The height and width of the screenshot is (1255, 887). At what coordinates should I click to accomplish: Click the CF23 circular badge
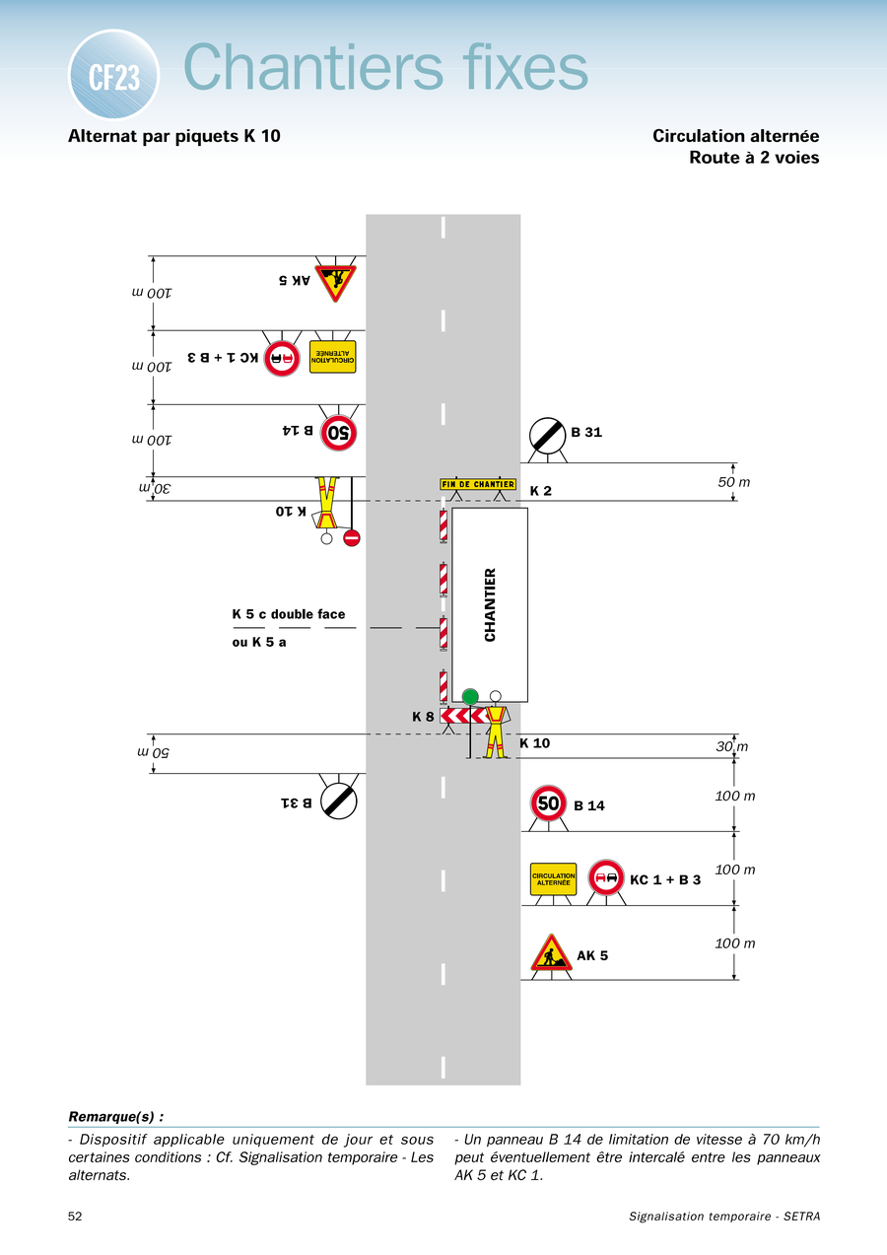pyautogui.click(x=113, y=75)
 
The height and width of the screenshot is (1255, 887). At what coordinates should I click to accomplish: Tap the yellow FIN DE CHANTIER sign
pyautogui.click(x=478, y=484)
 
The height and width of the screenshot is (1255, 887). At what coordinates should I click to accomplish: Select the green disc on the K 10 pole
pyautogui.click(x=470, y=697)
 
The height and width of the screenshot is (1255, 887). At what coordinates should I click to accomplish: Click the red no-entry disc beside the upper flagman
pyautogui.click(x=352, y=538)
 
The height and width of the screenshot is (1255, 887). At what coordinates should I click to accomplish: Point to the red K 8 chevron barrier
pyautogui.click(x=463, y=716)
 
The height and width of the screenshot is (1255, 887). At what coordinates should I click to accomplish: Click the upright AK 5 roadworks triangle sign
pyautogui.click(x=552, y=953)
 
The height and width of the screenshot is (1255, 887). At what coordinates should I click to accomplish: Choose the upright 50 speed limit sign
pyautogui.click(x=548, y=802)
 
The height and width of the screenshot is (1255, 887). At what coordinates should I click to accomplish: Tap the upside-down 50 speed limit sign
pyautogui.click(x=338, y=433)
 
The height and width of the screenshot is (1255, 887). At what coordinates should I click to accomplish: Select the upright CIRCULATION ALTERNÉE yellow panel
pyautogui.click(x=553, y=879)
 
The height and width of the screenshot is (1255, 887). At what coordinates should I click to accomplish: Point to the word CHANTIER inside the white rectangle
pyautogui.click(x=490, y=604)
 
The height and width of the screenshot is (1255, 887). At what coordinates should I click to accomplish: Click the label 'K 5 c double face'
pyautogui.click(x=289, y=614)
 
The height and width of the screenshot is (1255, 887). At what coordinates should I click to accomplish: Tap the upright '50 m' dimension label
pyautogui.click(x=733, y=482)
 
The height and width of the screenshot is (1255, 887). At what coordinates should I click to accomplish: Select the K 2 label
pyautogui.click(x=541, y=491)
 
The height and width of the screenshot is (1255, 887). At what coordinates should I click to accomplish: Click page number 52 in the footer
pyautogui.click(x=75, y=1216)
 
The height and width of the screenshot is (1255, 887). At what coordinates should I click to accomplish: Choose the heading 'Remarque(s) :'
pyautogui.click(x=116, y=1116)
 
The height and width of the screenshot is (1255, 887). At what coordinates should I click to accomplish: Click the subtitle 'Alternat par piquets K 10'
pyautogui.click(x=174, y=136)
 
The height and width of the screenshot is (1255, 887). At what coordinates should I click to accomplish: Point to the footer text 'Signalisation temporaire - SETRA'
pyautogui.click(x=724, y=1217)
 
